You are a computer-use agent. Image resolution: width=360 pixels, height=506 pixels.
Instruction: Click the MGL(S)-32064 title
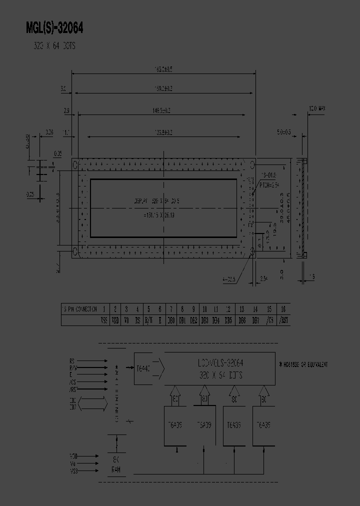(x=54, y=29)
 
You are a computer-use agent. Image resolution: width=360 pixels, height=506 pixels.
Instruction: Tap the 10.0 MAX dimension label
(x=317, y=108)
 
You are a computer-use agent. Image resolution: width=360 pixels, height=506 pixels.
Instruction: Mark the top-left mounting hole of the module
(x=76, y=164)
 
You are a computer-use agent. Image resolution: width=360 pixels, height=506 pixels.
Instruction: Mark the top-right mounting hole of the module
(x=252, y=164)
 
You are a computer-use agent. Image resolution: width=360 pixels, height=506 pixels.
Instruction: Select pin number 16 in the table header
(x=283, y=309)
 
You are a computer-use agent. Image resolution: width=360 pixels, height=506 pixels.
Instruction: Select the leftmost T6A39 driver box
(x=175, y=426)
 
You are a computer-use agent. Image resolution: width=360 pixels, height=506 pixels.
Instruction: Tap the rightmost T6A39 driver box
(x=263, y=426)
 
